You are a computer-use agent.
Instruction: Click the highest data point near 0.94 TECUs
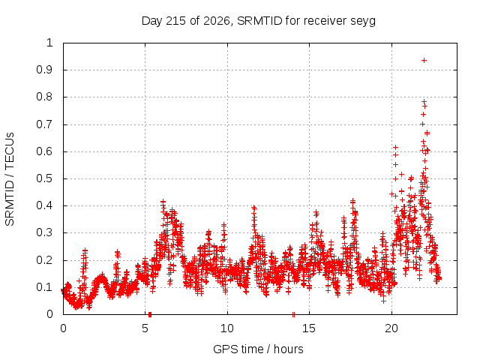coord(424,60)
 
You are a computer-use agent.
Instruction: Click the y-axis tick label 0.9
coord(45,70)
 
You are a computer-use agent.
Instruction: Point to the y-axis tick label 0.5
coord(45,178)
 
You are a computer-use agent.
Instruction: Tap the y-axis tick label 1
coord(49,43)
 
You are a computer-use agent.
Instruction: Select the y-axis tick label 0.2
coord(45,260)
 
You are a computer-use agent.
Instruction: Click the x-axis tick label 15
coord(309,328)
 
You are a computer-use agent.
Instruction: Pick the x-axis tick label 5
coord(145,328)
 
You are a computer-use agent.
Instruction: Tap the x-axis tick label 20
coord(391,328)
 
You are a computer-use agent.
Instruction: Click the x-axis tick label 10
coord(227,328)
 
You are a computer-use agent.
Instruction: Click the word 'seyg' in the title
coord(364,21)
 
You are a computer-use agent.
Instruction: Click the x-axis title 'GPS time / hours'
coord(258,349)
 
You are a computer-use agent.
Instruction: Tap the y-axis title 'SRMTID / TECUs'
coord(10,179)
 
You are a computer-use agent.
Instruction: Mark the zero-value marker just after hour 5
coord(150,314)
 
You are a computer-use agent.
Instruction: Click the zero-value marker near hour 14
coord(293,314)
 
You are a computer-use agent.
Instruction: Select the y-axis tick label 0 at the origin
coord(49,314)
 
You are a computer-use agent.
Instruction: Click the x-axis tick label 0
coord(63,328)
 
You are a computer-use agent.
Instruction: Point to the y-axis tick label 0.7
coord(45,124)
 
